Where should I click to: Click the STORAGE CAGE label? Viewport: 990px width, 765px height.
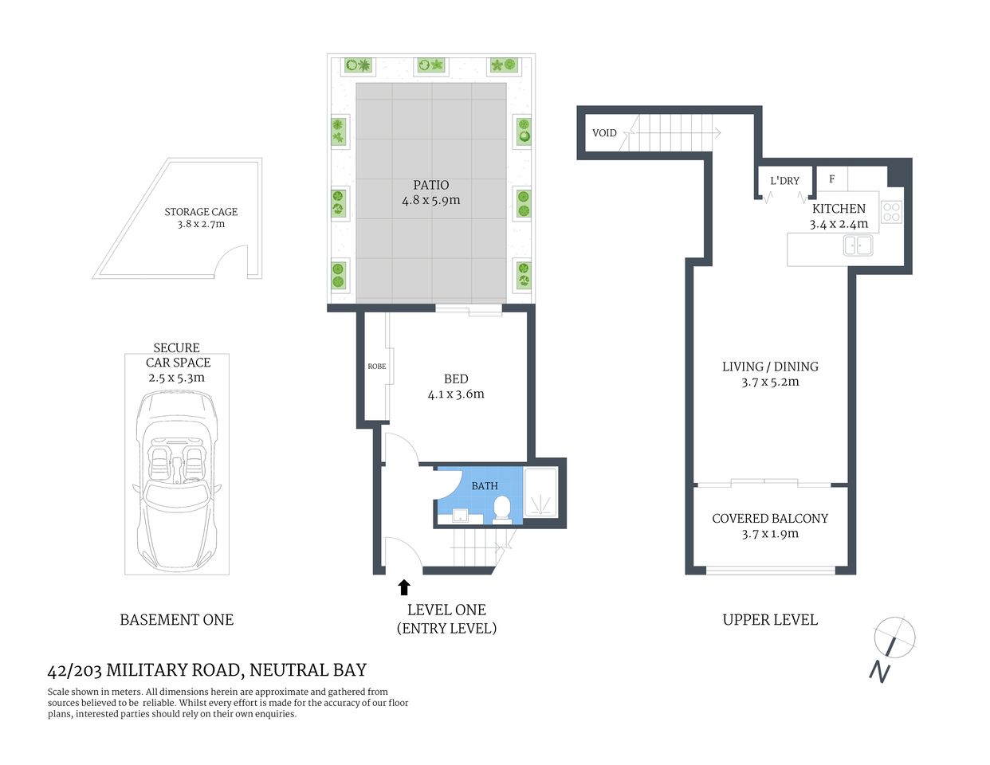201,212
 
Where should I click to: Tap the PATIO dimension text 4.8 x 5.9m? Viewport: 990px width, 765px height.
430,201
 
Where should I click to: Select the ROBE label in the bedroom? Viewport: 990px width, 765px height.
376,367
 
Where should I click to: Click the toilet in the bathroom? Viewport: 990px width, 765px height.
502,508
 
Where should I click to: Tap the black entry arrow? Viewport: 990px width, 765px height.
403,587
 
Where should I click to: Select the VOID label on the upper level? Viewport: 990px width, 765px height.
604,133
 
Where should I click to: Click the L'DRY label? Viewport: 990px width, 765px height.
784,181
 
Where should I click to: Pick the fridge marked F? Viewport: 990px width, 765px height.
831,179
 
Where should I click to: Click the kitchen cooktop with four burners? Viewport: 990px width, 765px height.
891,212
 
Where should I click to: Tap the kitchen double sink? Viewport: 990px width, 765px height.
858,245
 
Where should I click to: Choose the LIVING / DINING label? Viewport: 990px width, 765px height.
770,367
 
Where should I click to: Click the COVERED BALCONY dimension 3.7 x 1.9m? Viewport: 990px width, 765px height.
770,534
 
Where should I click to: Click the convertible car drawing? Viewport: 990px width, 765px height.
176,478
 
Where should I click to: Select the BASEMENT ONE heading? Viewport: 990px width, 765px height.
176,620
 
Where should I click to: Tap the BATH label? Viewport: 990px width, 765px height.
484,485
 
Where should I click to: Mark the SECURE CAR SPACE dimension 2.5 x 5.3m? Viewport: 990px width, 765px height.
176,378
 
